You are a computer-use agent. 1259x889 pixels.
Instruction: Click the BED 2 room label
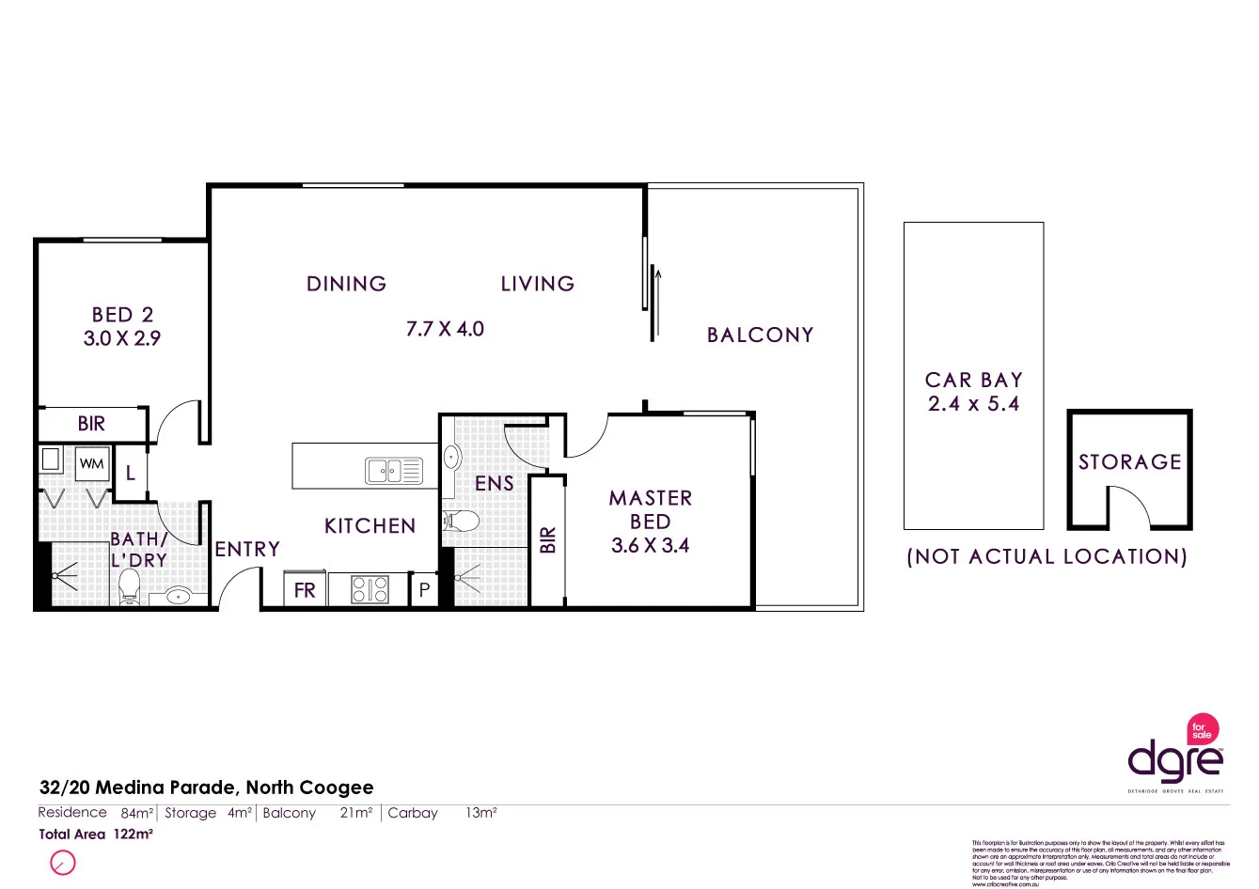pyautogui.click(x=122, y=315)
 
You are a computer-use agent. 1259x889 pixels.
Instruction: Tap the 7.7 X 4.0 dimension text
pyautogui.click(x=445, y=329)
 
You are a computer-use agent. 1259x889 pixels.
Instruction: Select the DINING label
pyautogui.click(x=346, y=284)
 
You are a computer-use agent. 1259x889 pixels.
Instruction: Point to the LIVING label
pyautogui.click(x=537, y=284)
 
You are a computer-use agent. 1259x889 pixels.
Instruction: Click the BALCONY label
pyautogui.click(x=760, y=335)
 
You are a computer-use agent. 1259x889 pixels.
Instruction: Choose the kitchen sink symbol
pyautogui.click(x=394, y=471)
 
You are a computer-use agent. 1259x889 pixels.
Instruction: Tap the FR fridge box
pyautogui.click(x=305, y=590)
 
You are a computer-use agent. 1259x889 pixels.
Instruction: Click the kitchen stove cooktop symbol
pyautogui.click(x=370, y=589)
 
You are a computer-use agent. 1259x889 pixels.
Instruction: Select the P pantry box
pyautogui.click(x=424, y=590)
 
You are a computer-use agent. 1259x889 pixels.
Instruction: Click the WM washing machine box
pyautogui.click(x=91, y=463)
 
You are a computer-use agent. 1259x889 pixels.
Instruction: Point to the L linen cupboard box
pyautogui.click(x=131, y=474)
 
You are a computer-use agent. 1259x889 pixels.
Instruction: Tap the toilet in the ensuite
pyautogui.click(x=462, y=521)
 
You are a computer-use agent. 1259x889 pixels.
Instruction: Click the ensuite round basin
pyautogui.click(x=452, y=458)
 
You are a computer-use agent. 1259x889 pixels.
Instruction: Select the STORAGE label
pyautogui.click(x=1129, y=462)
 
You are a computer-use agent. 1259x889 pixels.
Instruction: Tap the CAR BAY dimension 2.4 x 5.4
pyautogui.click(x=973, y=404)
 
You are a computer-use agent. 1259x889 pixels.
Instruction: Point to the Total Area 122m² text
pyautogui.click(x=95, y=834)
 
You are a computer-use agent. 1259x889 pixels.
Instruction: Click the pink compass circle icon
pyautogui.click(x=62, y=863)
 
